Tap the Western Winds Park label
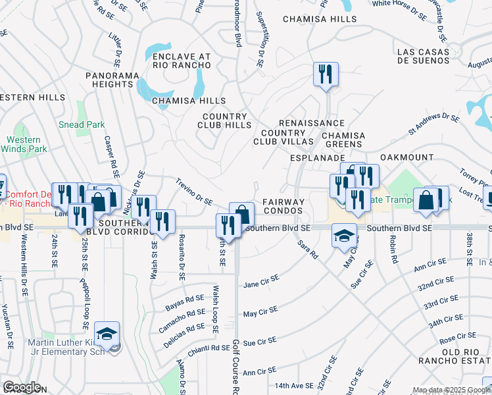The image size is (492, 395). point(24,144)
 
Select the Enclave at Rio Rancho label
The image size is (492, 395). point(182,61)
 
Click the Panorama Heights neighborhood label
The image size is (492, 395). point(109,80)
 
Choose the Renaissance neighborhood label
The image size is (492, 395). point(312,123)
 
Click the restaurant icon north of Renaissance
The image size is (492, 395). point(326,74)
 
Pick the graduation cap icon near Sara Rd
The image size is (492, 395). point(344,235)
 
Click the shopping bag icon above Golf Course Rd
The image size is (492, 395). point(242,214)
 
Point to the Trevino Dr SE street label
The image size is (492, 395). point(193,191)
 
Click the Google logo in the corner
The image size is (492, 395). point(21,387)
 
